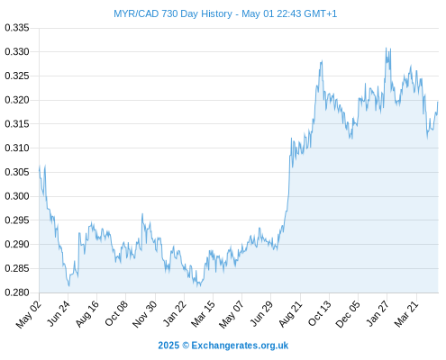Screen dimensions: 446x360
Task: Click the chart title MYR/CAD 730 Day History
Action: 173,13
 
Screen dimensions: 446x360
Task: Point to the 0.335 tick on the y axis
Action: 17,28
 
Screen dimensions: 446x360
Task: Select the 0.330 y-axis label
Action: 17,52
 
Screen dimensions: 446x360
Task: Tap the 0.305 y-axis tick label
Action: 17,172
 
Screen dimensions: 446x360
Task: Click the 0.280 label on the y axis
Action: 17,292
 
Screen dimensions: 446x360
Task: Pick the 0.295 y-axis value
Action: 17,220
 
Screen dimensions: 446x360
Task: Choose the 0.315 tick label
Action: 17,124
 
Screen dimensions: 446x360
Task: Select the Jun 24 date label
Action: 59,313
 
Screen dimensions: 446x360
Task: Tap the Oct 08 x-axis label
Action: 116,313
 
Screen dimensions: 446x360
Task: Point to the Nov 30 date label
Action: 145,314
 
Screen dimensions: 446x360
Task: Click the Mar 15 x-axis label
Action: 204,313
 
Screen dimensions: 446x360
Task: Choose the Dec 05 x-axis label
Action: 348,314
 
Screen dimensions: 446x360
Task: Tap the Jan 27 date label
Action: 378,313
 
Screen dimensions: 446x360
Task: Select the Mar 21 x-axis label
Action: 406,313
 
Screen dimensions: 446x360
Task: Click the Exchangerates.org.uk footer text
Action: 240,346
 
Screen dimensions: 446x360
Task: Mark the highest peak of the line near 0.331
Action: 387,48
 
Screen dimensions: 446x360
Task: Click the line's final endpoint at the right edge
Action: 438,102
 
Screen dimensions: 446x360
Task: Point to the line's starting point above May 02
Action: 40,166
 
